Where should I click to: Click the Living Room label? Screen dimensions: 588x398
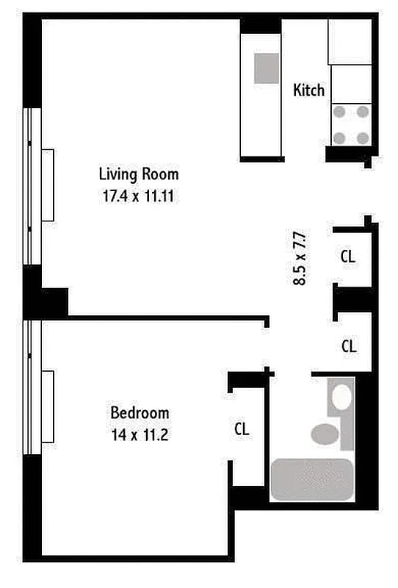click(139, 174)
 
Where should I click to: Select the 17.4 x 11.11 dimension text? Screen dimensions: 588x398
click(139, 196)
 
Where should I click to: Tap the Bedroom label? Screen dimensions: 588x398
click(140, 412)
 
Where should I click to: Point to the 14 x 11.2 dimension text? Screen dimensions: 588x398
click(140, 434)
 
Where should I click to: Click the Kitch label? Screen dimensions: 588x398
click(308, 90)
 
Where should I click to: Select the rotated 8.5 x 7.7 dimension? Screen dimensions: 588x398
click(300, 259)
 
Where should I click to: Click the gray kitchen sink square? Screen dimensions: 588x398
click(267, 68)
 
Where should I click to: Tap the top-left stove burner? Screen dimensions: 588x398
click(341, 112)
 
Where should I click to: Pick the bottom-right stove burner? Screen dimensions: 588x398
click(363, 137)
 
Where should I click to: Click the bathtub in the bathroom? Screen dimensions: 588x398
click(312, 480)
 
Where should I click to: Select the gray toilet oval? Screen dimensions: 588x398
click(324, 434)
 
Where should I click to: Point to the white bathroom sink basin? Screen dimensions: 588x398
click(341, 398)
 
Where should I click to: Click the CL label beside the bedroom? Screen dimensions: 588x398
click(242, 429)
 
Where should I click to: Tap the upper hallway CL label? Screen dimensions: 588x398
click(348, 257)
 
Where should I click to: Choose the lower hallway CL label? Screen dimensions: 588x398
click(349, 345)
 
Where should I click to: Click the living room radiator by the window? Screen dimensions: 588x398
click(48, 184)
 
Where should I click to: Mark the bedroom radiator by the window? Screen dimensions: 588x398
click(48, 406)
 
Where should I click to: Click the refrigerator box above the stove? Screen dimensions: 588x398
click(350, 43)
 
